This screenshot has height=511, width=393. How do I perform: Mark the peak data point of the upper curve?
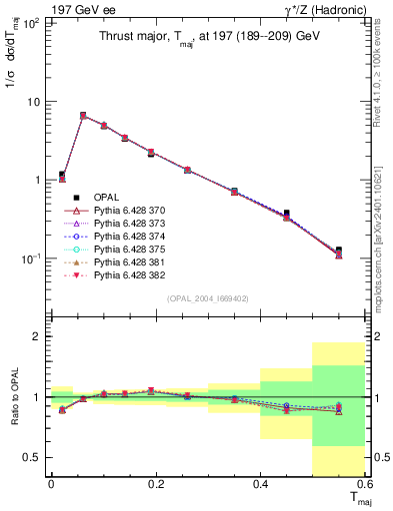(83, 116)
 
